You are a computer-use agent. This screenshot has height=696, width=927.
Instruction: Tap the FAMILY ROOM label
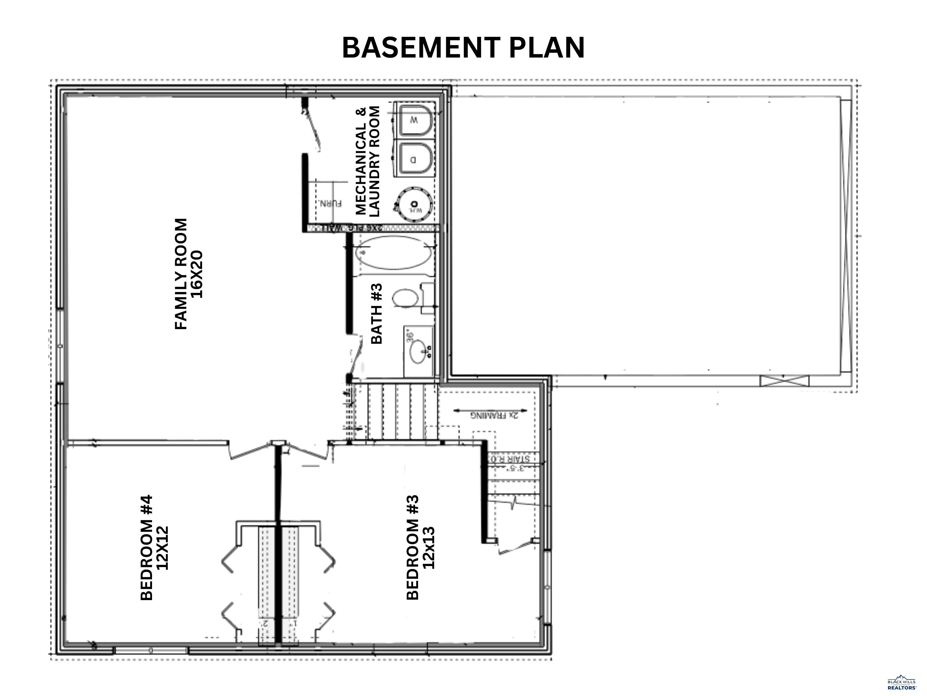tap(181, 274)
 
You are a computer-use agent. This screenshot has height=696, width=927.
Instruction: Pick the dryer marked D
tap(415, 159)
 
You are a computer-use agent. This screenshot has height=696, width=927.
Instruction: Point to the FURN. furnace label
tap(331, 204)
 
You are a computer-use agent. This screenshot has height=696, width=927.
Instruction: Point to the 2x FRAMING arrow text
tap(494, 415)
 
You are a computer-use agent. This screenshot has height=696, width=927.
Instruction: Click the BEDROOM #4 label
tap(147, 548)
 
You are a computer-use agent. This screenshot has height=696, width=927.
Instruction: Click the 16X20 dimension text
tap(197, 274)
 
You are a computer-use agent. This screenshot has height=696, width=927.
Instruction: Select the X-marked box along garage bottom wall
tap(785, 381)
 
